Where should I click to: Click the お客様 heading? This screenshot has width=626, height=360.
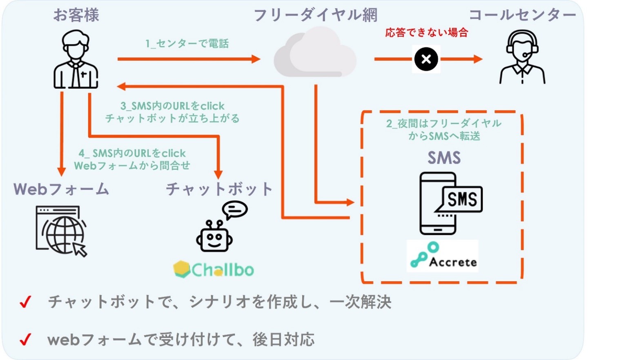(x=76, y=16)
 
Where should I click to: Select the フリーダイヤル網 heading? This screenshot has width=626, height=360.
(x=315, y=16)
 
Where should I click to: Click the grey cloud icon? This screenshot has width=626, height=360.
(x=315, y=53)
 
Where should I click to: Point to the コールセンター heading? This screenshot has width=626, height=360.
(x=522, y=16)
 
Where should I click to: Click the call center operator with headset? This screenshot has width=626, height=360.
(x=522, y=58)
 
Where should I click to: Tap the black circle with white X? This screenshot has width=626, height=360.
(x=426, y=60)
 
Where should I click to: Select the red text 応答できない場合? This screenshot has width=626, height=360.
(x=426, y=33)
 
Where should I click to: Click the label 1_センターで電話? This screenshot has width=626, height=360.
(x=187, y=44)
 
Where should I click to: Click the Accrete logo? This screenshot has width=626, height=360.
(x=443, y=256)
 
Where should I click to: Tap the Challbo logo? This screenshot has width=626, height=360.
(x=214, y=269)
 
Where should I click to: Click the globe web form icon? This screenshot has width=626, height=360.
(x=62, y=231)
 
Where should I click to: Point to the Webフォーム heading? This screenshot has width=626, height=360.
(x=61, y=189)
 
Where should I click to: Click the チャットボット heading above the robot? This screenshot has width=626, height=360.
(x=219, y=189)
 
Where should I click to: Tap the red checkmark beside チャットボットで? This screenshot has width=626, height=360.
(x=25, y=302)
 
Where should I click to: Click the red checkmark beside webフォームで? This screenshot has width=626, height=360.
(x=25, y=340)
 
